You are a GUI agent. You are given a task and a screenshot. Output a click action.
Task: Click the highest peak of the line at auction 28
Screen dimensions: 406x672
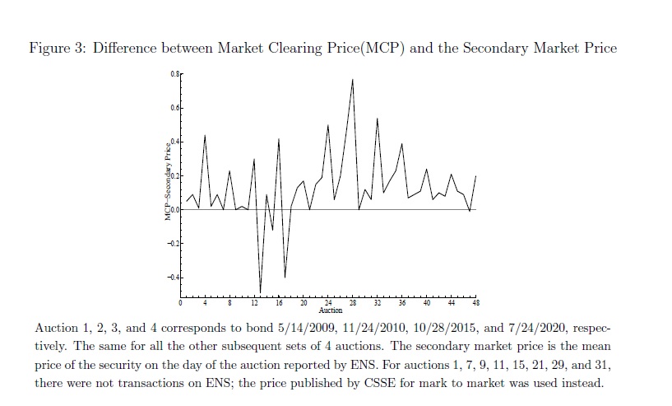click(353, 79)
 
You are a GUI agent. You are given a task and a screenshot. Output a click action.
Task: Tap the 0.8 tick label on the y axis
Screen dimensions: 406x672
click(174, 75)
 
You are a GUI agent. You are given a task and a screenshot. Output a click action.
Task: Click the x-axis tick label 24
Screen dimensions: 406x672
click(328, 304)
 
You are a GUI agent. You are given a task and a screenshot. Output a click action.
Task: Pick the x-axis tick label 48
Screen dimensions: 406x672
click(475, 304)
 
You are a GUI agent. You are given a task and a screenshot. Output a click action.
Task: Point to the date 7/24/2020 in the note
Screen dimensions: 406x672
click(536, 327)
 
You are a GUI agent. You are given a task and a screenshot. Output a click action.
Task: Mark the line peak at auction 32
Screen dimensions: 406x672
click(378, 119)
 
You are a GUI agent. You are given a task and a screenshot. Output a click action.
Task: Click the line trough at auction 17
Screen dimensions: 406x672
click(285, 278)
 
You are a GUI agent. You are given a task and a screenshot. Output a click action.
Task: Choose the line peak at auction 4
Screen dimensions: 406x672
click(205, 134)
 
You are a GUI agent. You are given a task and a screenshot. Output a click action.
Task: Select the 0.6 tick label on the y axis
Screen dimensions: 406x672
click(174, 109)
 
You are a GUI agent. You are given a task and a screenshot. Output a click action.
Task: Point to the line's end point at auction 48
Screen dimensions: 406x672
click(475, 176)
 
